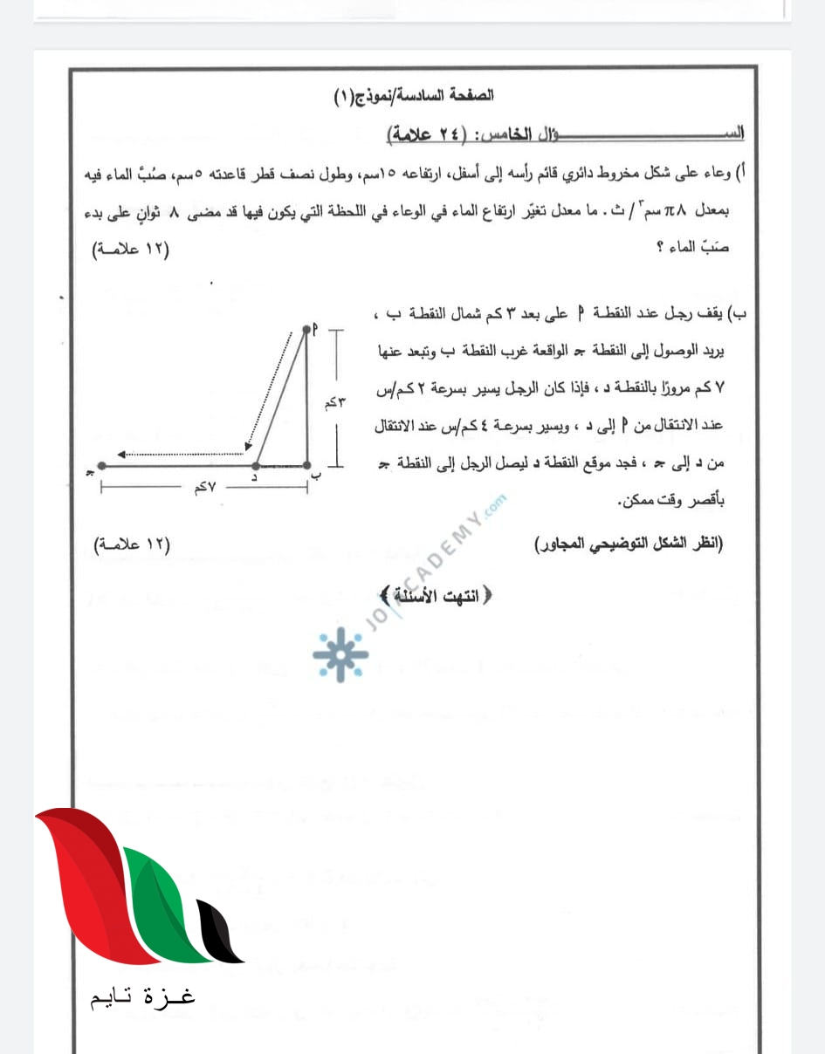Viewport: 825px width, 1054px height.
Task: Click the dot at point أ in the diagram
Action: [x=307, y=329]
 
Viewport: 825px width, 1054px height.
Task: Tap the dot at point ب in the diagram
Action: [x=307, y=466]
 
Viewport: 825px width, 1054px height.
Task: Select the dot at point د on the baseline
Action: [x=254, y=466]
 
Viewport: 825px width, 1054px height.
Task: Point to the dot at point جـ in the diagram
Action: [x=102, y=466]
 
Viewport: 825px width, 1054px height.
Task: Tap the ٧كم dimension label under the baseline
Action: [x=206, y=489]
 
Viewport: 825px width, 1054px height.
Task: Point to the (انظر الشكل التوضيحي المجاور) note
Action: [x=629, y=544]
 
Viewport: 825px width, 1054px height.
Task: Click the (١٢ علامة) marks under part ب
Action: [x=133, y=544]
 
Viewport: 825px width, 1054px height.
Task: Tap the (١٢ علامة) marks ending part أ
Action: [x=133, y=250]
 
